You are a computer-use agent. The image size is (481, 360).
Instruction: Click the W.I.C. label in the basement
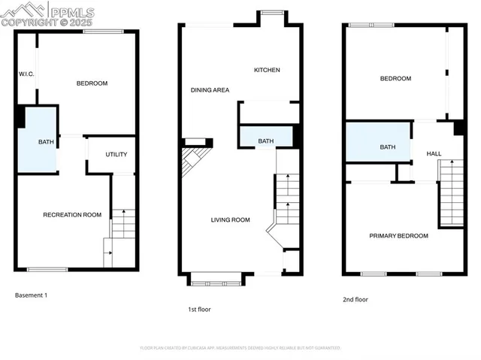coord(27,74)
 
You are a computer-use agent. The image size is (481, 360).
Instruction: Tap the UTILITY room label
coord(116,154)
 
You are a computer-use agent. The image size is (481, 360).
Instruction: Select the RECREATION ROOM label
coord(72,215)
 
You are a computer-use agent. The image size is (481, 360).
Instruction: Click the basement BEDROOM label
coord(92,83)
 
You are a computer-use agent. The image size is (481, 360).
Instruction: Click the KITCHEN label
coord(267,70)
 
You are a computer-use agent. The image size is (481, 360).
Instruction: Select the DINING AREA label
coord(210,90)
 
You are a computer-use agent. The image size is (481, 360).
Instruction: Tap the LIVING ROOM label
coord(229,219)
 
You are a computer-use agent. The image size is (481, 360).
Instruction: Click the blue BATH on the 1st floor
coord(265,141)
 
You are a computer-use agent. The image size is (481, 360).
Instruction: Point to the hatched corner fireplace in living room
coord(194,160)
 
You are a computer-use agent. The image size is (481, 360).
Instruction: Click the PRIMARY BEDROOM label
coord(398,236)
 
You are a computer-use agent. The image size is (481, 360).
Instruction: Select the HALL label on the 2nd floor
coord(434,153)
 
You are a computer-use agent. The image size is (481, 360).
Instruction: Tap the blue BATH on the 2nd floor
coord(386,147)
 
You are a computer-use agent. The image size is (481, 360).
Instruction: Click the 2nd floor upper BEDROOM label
coord(395,79)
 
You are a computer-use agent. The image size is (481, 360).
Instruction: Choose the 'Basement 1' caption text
coord(32,295)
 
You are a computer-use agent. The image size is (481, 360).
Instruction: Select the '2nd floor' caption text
coord(355,299)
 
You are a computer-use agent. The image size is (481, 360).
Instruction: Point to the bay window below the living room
coord(216,280)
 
